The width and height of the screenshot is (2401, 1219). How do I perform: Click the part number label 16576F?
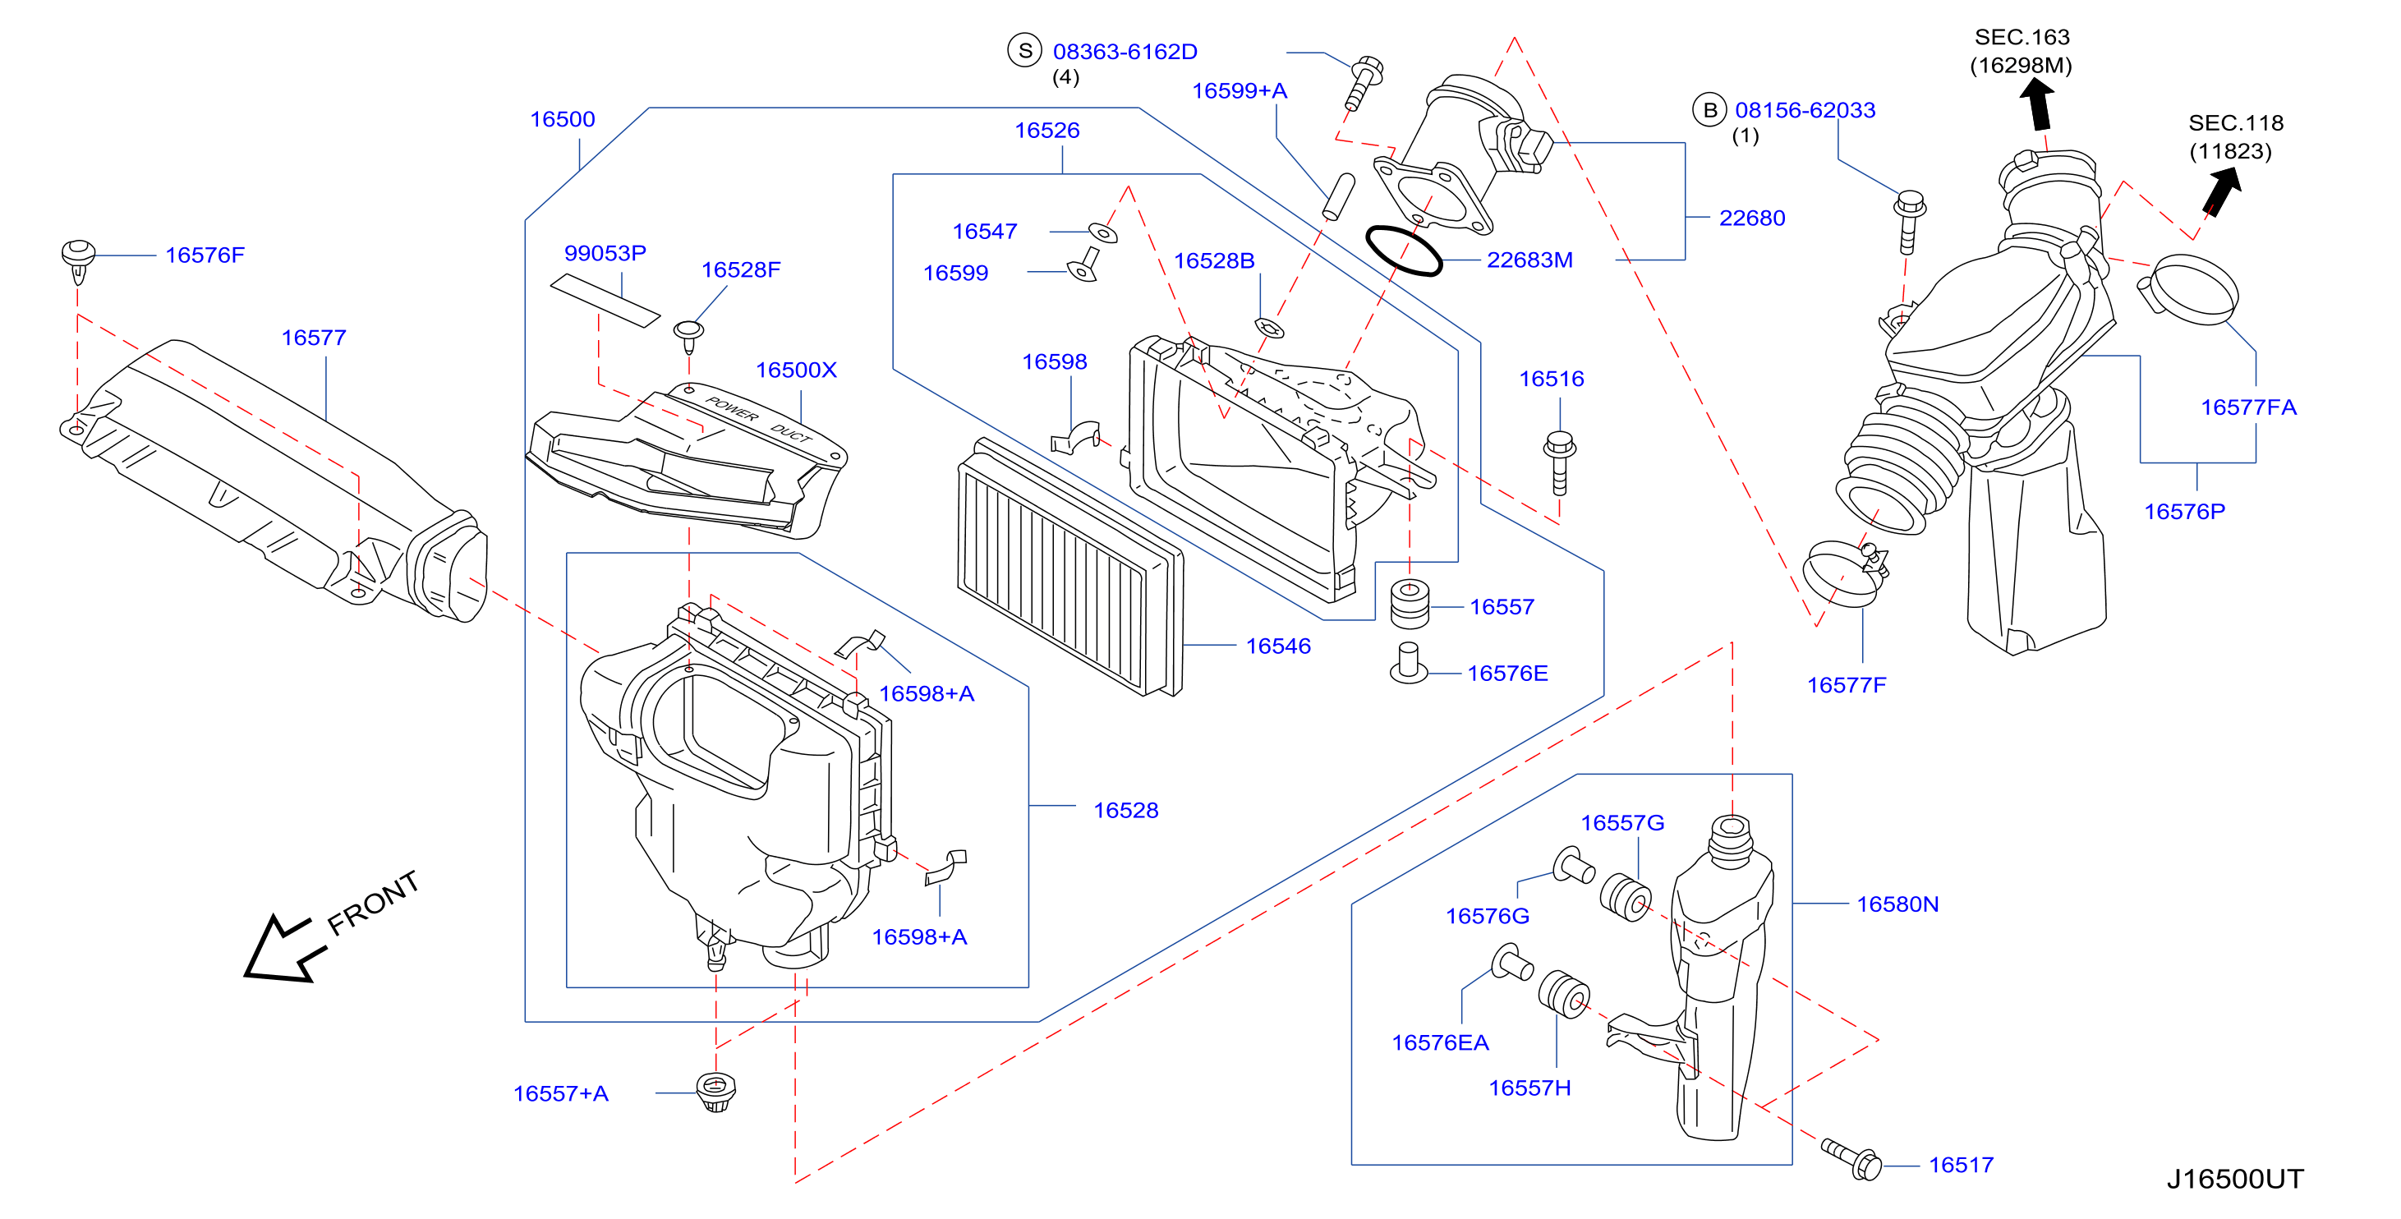(x=205, y=255)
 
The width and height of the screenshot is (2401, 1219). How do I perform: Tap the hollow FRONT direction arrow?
(x=285, y=948)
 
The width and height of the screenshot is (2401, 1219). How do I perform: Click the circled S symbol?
(x=1024, y=50)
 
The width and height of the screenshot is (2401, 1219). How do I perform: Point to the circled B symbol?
(x=1709, y=110)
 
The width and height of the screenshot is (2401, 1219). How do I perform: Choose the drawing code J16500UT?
(x=2234, y=1179)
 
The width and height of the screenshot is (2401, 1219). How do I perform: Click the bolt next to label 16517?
(x=1852, y=1158)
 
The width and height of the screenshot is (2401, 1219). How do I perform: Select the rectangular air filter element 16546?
(x=1070, y=567)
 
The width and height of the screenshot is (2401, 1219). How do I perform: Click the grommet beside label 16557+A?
(x=715, y=1092)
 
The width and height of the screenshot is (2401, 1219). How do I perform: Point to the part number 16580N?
(x=1897, y=904)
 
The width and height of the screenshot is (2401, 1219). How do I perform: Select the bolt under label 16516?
(x=1559, y=462)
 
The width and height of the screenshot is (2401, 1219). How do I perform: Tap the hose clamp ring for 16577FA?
(x=2187, y=289)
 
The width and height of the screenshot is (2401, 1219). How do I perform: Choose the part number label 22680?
(x=1752, y=218)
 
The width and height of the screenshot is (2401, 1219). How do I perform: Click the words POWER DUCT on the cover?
(x=759, y=421)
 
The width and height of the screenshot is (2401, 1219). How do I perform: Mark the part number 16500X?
(x=796, y=370)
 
